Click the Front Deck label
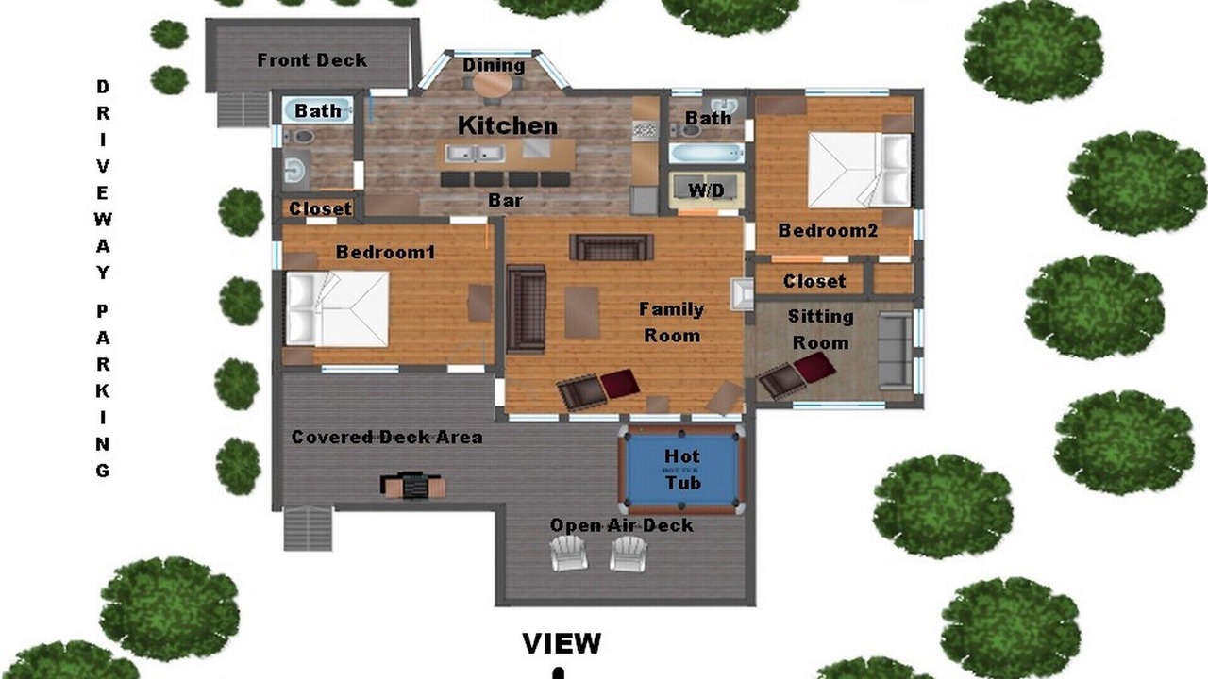point(311,59)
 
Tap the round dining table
point(493,85)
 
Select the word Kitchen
point(508,125)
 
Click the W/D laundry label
point(707,190)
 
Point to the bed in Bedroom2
point(860,170)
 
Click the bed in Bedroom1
point(337,308)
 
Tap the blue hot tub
point(682,470)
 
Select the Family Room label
point(672,323)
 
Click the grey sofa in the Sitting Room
point(896,351)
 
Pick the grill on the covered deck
point(413,485)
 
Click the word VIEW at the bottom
point(562,643)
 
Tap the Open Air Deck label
point(621,525)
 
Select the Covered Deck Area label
point(387,437)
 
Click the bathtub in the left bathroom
point(318,110)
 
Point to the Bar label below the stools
point(505,201)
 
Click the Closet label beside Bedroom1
point(320,208)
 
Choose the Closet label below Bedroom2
point(814,281)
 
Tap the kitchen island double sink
point(475,154)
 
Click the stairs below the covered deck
point(308,528)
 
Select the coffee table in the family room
point(582,312)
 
